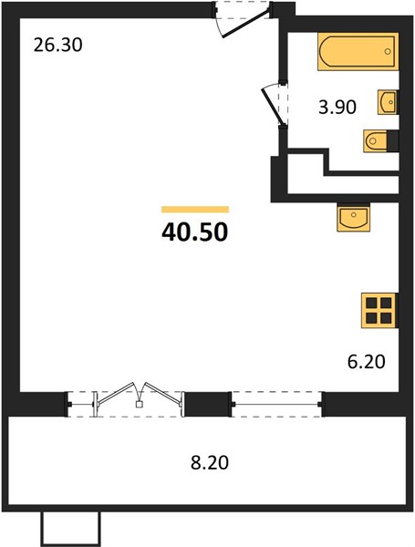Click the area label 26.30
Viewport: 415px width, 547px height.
pos(58,45)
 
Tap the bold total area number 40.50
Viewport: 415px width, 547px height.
pos(195,232)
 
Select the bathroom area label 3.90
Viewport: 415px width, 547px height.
pos(337,107)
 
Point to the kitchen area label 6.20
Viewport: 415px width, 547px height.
pos(366,361)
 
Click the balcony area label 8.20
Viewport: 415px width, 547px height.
pos(210,463)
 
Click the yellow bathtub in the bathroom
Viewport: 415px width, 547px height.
pos(358,52)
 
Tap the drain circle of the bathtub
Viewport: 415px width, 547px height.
pos(388,52)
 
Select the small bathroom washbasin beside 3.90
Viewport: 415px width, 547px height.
pos(387,102)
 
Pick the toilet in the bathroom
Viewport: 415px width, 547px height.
pos(375,141)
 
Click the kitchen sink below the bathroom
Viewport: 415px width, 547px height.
pos(353,217)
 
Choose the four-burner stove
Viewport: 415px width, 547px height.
pos(379,311)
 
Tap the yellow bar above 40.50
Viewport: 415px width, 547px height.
pos(195,210)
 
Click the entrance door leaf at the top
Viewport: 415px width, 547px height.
pos(245,24)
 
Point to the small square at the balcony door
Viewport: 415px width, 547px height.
pos(140,404)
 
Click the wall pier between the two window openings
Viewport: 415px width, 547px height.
pos(207,404)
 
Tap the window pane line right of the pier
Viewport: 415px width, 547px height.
pos(276,404)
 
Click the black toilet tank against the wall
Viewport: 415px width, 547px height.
pos(393,141)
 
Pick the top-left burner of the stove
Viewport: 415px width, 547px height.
pos(371,303)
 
